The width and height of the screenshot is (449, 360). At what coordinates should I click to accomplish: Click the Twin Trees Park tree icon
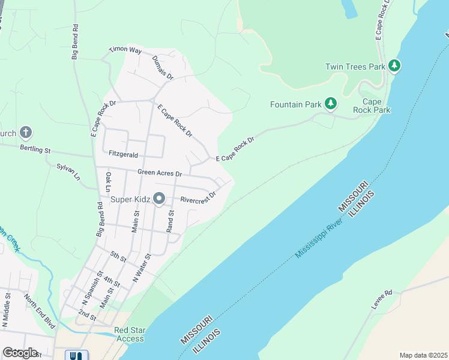point(394,65)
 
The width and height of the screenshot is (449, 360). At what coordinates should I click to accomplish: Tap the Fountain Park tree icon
point(330,104)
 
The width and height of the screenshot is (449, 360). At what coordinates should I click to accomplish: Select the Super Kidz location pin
point(159,197)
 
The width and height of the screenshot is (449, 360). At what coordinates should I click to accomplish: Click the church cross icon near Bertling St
point(25,132)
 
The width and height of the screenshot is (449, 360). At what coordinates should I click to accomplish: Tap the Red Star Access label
point(129,334)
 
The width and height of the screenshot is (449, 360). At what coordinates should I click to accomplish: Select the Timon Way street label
point(125,51)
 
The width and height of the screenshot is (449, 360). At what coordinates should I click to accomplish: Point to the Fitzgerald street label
point(124,154)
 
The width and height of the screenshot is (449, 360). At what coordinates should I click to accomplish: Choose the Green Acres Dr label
point(160,172)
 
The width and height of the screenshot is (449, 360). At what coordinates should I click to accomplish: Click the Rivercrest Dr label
point(197,197)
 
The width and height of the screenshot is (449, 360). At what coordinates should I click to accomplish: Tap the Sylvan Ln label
point(68,171)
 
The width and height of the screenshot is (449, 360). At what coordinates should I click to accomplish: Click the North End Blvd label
point(39,310)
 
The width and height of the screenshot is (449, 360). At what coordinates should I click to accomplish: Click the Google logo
point(20,352)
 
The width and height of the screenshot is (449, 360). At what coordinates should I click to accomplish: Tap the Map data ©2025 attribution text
point(423,355)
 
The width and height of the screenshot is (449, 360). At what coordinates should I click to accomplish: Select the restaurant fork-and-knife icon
point(76,355)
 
